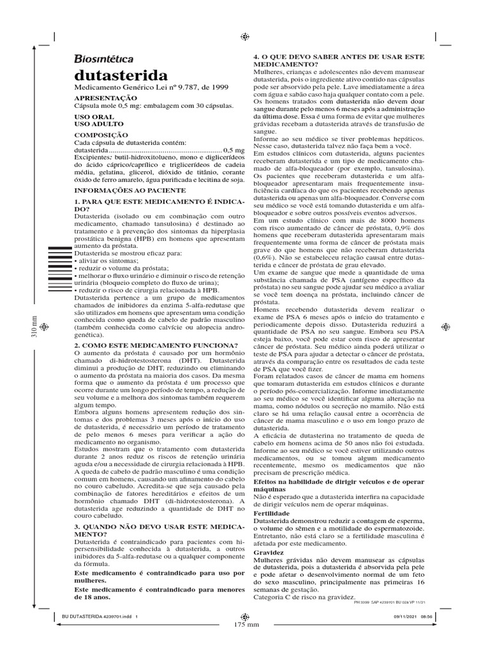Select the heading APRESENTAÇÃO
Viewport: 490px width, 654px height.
[105, 98]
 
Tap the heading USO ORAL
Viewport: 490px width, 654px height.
[94, 117]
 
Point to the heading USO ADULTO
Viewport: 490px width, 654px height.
[99, 124]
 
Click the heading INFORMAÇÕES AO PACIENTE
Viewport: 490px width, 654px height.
[130, 190]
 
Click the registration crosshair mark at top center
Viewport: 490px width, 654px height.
[244, 36]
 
